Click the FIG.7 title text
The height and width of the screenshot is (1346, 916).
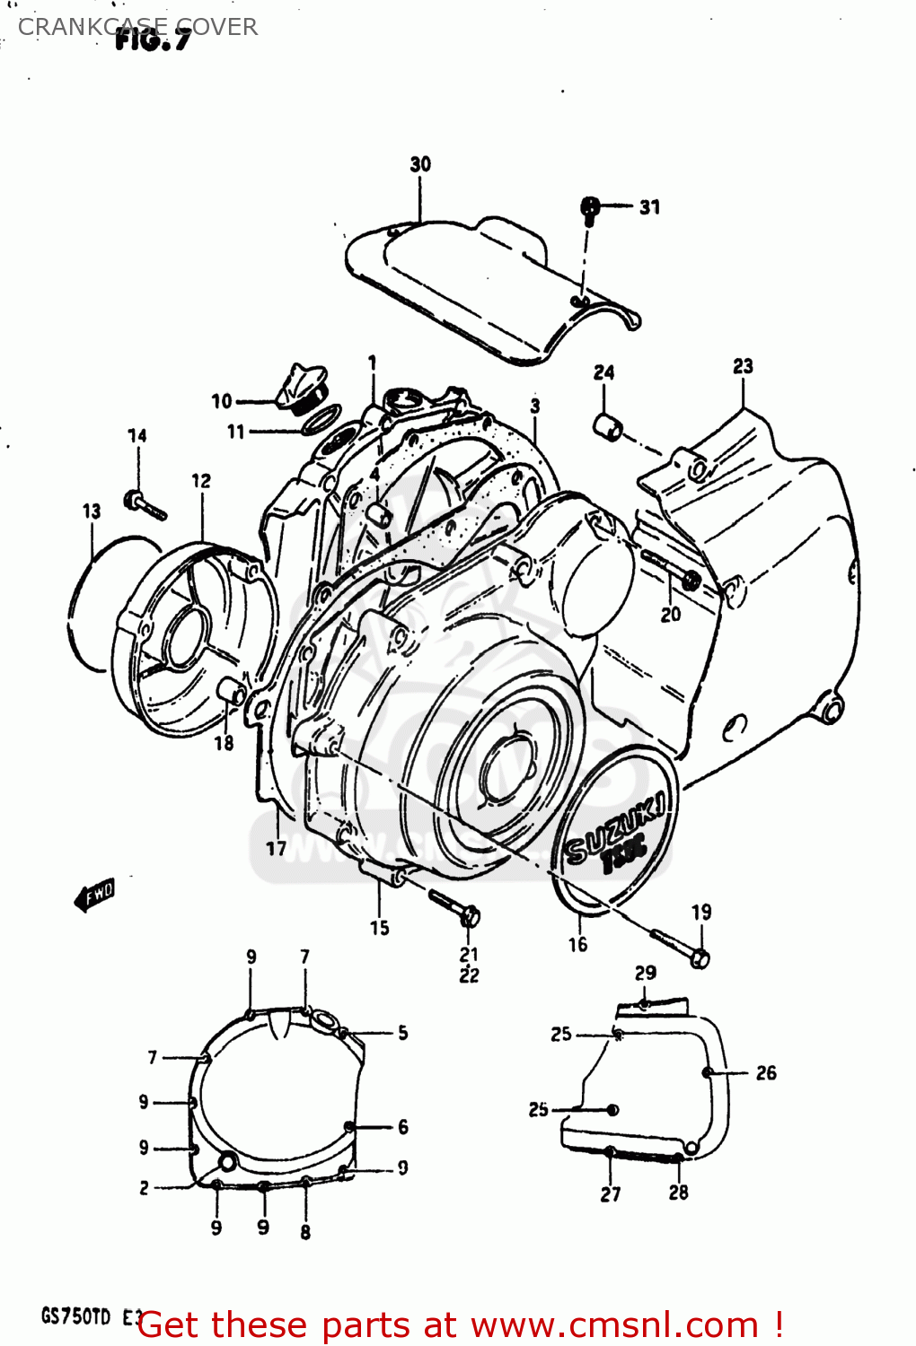pyautogui.click(x=153, y=39)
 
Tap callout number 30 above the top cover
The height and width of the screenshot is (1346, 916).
pyautogui.click(x=420, y=164)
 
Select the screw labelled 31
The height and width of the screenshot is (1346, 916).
pyautogui.click(x=590, y=208)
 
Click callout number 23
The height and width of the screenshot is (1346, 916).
pyautogui.click(x=743, y=366)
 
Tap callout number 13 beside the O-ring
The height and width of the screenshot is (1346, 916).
pyautogui.click(x=92, y=511)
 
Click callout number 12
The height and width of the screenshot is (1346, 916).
pyautogui.click(x=201, y=482)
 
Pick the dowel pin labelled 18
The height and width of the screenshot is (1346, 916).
pyautogui.click(x=233, y=692)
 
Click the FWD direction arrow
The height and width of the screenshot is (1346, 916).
pyautogui.click(x=94, y=894)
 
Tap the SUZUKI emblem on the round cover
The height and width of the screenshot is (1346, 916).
pyautogui.click(x=616, y=831)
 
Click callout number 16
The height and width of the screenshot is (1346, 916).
pyautogui.click(x=577, y=944)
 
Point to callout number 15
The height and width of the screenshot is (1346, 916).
pyautogui.click(x=380, y=928)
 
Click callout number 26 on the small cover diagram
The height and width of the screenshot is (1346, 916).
pyautogui.click(x=766, y=1073)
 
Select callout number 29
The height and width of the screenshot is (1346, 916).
pyautogui.click(x=646, y=973)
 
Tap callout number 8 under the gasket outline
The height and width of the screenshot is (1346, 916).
pyautogui.click(x=305, y=1232)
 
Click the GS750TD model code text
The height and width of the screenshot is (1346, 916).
pyautogui.click(x=76, y=1317)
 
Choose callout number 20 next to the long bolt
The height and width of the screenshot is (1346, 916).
pyautogui.click(x=671, y=615)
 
